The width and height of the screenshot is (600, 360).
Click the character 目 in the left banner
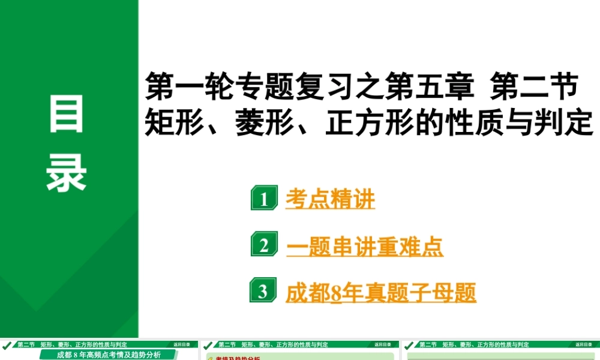(x=67, y=116)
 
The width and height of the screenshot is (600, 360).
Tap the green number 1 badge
(x=264, y=199)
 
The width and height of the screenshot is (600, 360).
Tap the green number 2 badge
(x=264, y=245)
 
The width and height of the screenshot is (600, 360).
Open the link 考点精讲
(x=330, y=199)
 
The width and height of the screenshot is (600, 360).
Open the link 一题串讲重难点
(x=365, y=246)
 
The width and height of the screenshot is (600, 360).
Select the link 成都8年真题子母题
(x=381, y=293)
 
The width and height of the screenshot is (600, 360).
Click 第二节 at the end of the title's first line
(x=534, y=87)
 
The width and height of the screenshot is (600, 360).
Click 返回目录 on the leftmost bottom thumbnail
(x=182, y=345)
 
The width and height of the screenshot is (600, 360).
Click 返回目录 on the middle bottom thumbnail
(x=383, y=345)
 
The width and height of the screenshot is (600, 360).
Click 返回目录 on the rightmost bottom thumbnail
(x=584, y=345)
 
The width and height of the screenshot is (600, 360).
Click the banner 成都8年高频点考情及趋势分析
(x=109, y=355)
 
